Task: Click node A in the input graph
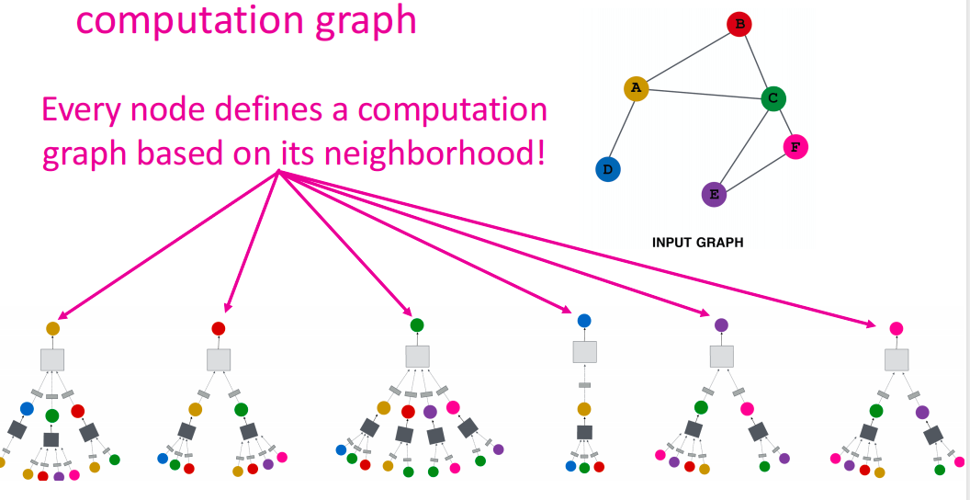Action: [636, 88]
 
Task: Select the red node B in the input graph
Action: [739, 25]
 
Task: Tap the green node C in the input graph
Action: [773, 97]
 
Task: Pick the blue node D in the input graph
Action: [608, 169]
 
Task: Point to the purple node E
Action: [714, 194]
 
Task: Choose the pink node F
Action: [795, 147]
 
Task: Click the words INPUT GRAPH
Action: [697, 244]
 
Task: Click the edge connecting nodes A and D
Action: [623, 127]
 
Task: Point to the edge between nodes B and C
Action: [755, 60]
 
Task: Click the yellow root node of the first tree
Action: [52, 328]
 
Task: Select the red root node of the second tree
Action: [219, 328]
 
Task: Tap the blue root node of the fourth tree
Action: [584, 321]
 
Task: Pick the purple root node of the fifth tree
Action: [721, 324]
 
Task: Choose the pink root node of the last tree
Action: [897, 328]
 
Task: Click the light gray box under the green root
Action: [418, 356]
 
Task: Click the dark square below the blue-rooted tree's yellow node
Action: [584, 432]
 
